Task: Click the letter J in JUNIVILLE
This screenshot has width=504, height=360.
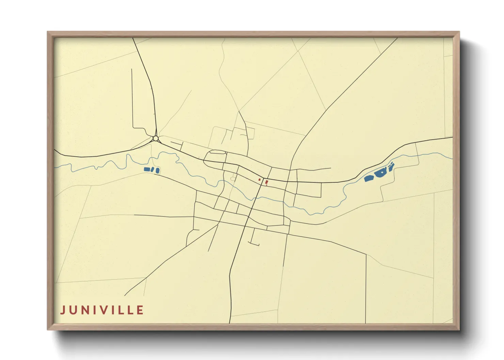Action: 63,310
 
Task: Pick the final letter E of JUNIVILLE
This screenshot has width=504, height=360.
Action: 140,310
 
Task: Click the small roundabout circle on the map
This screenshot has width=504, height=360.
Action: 156,138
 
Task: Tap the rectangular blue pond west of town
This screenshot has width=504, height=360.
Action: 147,169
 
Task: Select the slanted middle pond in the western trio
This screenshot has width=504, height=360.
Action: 153,170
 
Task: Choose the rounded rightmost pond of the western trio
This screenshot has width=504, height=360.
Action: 158,170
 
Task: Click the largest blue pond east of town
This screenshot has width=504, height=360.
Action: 380,174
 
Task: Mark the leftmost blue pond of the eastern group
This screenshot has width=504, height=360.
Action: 368,178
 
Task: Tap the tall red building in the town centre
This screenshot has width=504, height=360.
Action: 266,182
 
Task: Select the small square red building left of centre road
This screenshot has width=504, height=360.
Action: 259,180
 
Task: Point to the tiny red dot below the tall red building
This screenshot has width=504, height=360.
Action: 266,185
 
